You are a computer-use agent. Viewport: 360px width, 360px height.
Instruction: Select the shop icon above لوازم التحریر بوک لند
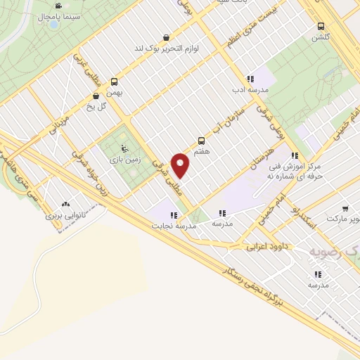(x=165, y=38)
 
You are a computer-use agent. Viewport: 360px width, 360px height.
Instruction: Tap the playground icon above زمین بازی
(x=124, y=148)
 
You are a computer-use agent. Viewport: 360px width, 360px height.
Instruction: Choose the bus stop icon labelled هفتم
(x=202, y=141)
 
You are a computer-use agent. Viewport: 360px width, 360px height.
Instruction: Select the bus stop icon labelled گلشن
(x=321, y=27)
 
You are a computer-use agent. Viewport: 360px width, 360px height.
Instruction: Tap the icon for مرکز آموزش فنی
(x=296, y=155)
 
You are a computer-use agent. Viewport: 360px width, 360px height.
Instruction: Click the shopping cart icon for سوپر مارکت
(x=345, y=209)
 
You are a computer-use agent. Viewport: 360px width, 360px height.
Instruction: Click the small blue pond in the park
(x=53, y=25)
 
